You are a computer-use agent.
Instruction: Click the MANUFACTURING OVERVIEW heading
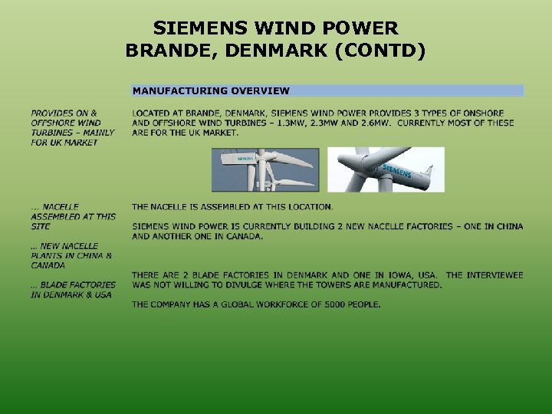pos(211,90)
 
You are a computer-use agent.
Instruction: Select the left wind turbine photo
pos(265,169)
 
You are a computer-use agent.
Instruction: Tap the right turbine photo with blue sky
pos(386,169)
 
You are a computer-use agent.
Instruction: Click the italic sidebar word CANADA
pos(48,265)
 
